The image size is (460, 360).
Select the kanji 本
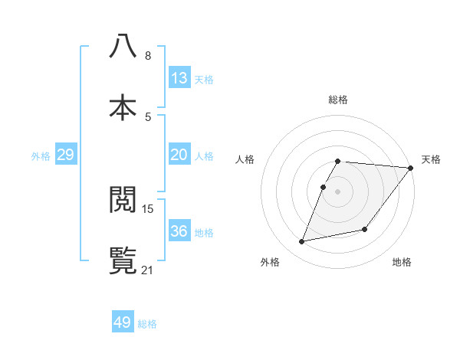[123, 106]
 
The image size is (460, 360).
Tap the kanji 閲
[123, 199]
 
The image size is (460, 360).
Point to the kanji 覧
[123, 260]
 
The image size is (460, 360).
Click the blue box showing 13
[179, 78]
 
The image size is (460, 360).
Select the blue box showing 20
[179, 155]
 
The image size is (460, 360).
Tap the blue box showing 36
[179, 231]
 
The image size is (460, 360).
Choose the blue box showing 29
[65, 155]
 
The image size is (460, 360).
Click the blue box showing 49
[122, 322]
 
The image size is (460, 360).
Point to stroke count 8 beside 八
[148, 56]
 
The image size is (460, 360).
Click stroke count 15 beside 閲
[148, 208]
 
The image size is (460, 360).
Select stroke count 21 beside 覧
[148, 270]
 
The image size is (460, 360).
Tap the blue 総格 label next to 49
[147, 324]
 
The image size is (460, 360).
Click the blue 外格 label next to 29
[41, 156]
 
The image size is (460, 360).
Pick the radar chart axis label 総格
[338, 100]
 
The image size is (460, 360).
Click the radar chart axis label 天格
[431, 159]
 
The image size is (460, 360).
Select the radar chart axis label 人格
[245, 159]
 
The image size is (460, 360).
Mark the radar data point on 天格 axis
[410, 168]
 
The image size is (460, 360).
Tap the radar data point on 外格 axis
[302, 241]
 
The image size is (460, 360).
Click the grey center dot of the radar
[337, 191]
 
